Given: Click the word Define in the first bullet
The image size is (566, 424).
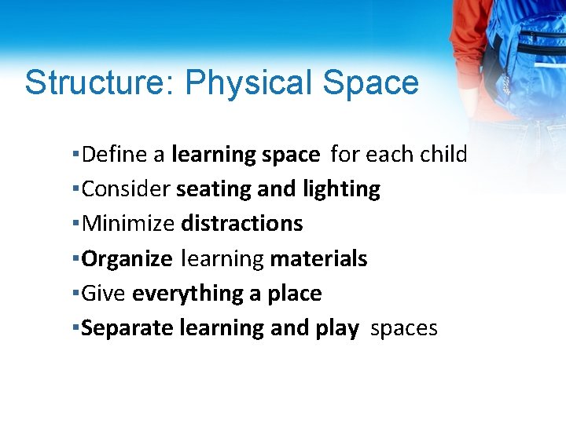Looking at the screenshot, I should (115, 155).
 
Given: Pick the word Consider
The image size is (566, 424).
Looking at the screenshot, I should (126, 189).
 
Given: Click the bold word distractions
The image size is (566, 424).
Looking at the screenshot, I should (242, 224).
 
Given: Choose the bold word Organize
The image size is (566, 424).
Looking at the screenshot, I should (127, 259).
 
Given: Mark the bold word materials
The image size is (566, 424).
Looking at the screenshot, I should (318, 258).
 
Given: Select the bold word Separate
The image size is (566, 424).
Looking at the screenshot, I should (127, 328).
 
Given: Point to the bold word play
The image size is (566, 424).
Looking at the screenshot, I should (336, 329).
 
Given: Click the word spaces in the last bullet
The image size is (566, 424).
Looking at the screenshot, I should (403, 329).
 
